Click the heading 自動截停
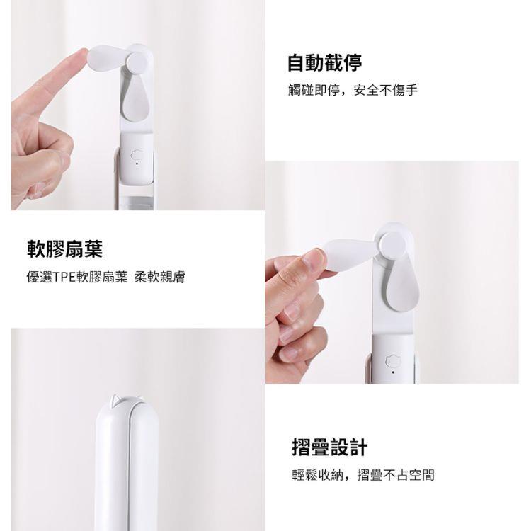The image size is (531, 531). [324, 62]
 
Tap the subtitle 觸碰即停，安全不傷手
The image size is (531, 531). [353, 90]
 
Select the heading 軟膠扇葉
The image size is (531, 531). [64, 249]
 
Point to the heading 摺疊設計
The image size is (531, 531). [329, 447]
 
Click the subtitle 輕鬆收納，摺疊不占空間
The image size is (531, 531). [363, 475]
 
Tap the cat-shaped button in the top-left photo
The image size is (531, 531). [137, 156]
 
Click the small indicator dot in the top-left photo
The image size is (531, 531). [137, 164]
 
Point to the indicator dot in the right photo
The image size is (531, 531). [393, 372]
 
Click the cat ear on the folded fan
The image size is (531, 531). [115, 399]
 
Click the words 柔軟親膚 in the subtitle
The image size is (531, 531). [159, 277]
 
